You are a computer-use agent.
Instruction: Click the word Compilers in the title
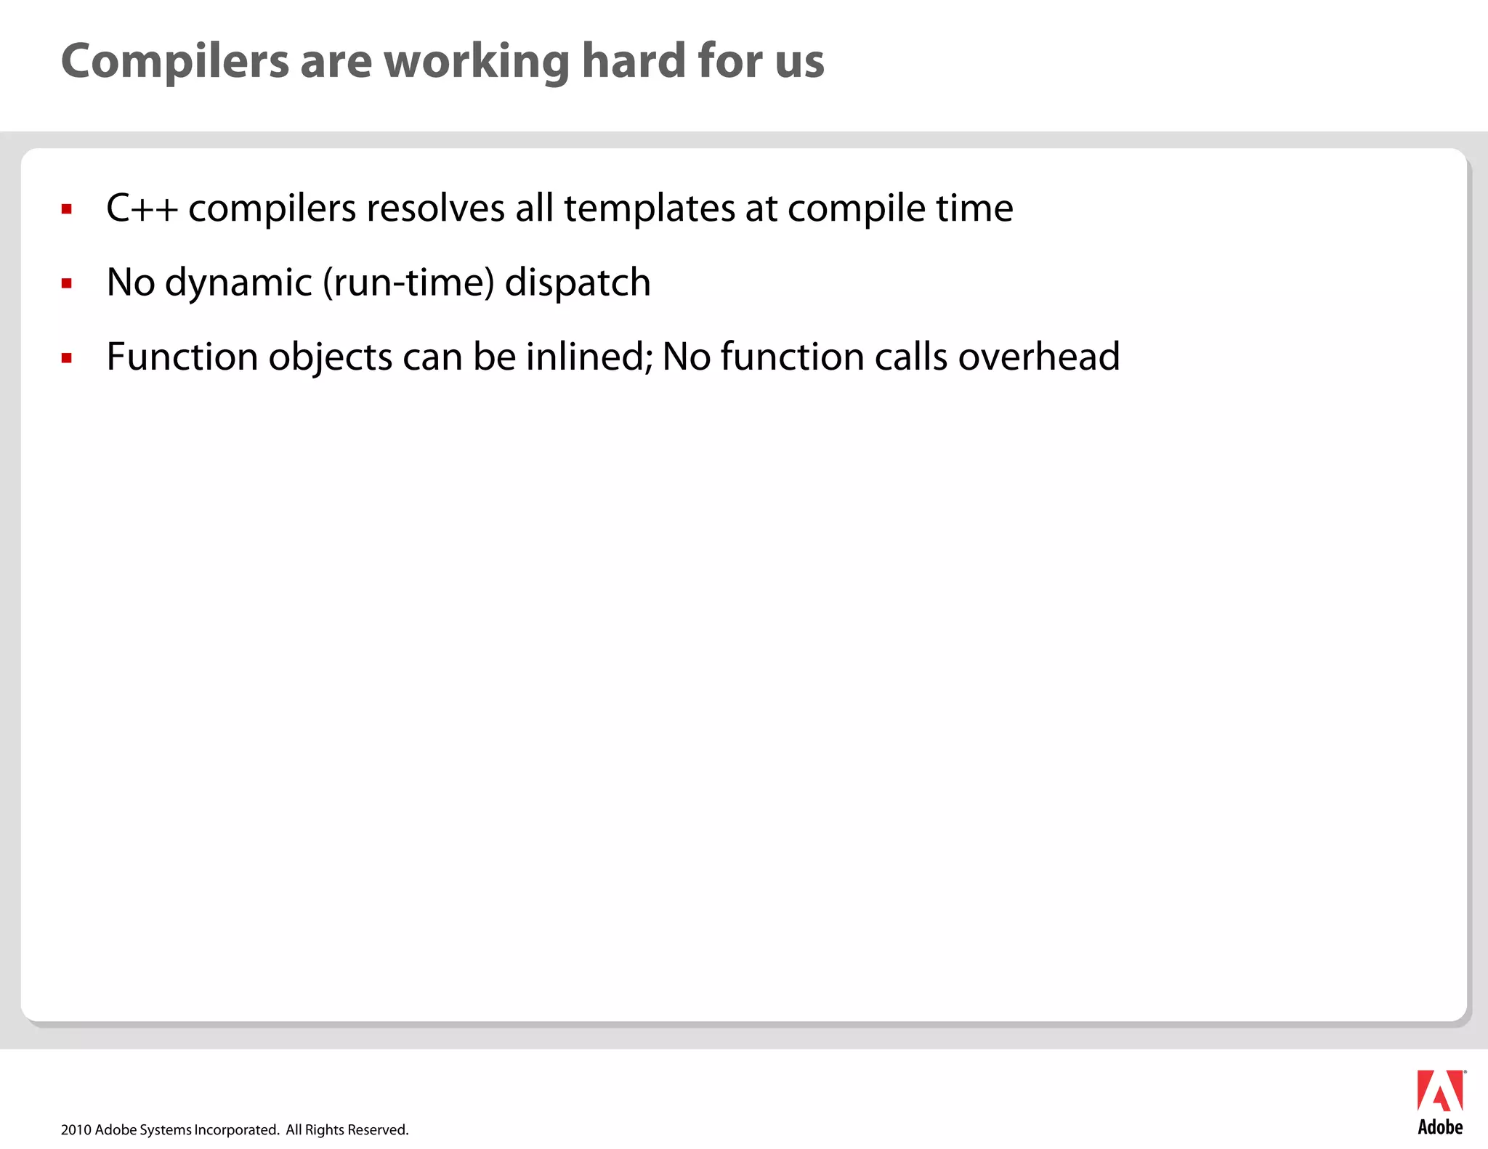pos(175,61)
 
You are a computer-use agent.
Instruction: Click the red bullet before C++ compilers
pos(67,210)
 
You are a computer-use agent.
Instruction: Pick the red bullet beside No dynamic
pos(67,284)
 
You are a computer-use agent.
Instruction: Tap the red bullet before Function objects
pos(67,357)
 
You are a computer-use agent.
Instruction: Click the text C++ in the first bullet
pos(142,208)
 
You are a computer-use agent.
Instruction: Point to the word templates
pos(649,209)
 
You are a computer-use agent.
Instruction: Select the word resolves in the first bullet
pos(435,209)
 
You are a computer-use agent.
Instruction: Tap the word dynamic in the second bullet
pos(238,283)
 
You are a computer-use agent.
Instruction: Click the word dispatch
pos(578,283)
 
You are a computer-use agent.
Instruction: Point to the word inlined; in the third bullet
pos(589,357)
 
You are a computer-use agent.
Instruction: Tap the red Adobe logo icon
pos(1440,1091)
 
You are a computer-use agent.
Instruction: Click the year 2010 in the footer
pos(76,1129)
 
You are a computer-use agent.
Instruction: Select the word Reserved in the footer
pos(378,1129)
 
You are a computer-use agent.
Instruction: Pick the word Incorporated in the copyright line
pos(237,1129)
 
